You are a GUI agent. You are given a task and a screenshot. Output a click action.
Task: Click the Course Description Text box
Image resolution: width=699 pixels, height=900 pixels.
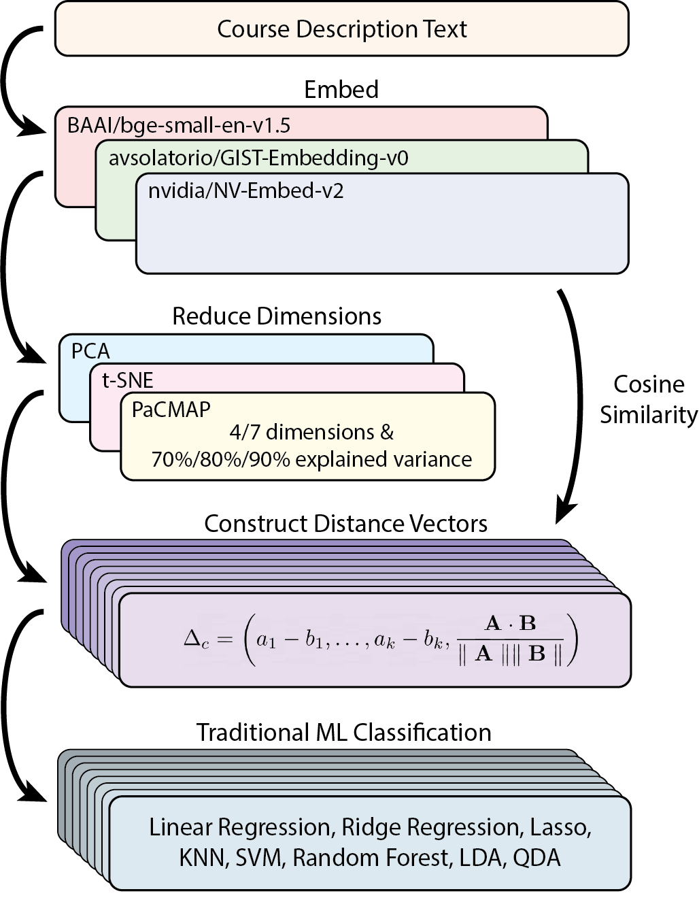(x=341, y=29)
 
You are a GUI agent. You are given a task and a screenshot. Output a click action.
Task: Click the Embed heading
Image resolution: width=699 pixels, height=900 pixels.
(x=341, y=90)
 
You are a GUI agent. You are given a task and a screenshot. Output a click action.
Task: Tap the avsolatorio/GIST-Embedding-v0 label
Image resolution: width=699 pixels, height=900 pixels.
(x=258, y=159)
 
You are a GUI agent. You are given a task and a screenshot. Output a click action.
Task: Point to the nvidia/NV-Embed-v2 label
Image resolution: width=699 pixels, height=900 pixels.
(x=246, y=190)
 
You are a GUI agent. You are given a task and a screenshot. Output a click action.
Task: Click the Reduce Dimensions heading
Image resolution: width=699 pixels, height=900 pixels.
(x=277, y=316)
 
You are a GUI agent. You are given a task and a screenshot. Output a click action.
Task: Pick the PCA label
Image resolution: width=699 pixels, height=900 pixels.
(x=90, y=351)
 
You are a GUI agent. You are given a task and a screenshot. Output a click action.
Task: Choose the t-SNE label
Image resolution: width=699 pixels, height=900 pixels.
(x=128, y=380)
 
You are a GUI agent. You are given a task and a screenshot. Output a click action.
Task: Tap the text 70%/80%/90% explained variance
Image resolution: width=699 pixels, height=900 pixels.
(x=311, y=459)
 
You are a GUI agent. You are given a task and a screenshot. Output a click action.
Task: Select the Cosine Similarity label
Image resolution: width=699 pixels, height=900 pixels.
(x=649, y=399)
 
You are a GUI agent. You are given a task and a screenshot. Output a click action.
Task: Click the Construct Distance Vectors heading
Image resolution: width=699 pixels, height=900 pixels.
(x=345, y=524)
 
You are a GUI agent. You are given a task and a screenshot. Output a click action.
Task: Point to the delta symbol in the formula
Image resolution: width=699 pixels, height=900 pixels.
(x=194, y=639)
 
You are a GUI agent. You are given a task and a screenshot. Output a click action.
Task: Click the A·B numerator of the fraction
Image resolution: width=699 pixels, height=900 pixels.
(x=510, y=622)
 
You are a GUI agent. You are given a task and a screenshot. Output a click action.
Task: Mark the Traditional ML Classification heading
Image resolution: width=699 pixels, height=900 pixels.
(x=344, y=733)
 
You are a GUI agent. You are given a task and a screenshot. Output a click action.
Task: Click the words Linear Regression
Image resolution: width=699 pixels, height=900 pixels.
(x=240, y=827)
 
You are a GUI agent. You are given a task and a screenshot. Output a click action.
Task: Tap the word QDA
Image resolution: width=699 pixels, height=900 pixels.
(x=537, y=858)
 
